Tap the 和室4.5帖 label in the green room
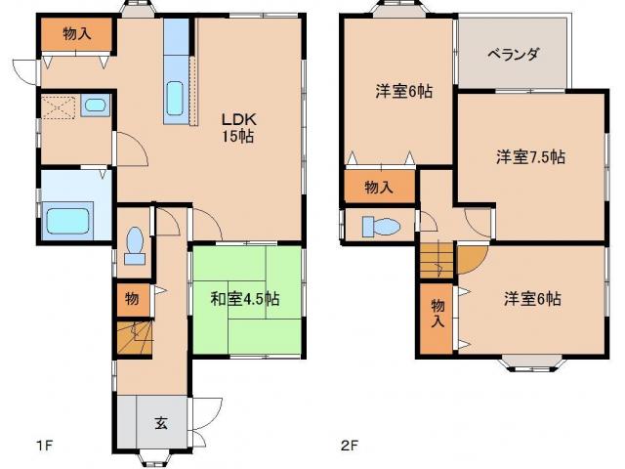click(245, 299)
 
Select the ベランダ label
click(514, 55)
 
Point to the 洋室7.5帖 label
click(529, 156)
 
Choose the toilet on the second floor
click(380, 227)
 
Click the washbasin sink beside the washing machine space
click(96, 106)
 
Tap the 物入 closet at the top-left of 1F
click(76, 34)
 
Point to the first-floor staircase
click(135, 339)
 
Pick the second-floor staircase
click(437, 262)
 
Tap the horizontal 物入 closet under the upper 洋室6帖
click(379, 186)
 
